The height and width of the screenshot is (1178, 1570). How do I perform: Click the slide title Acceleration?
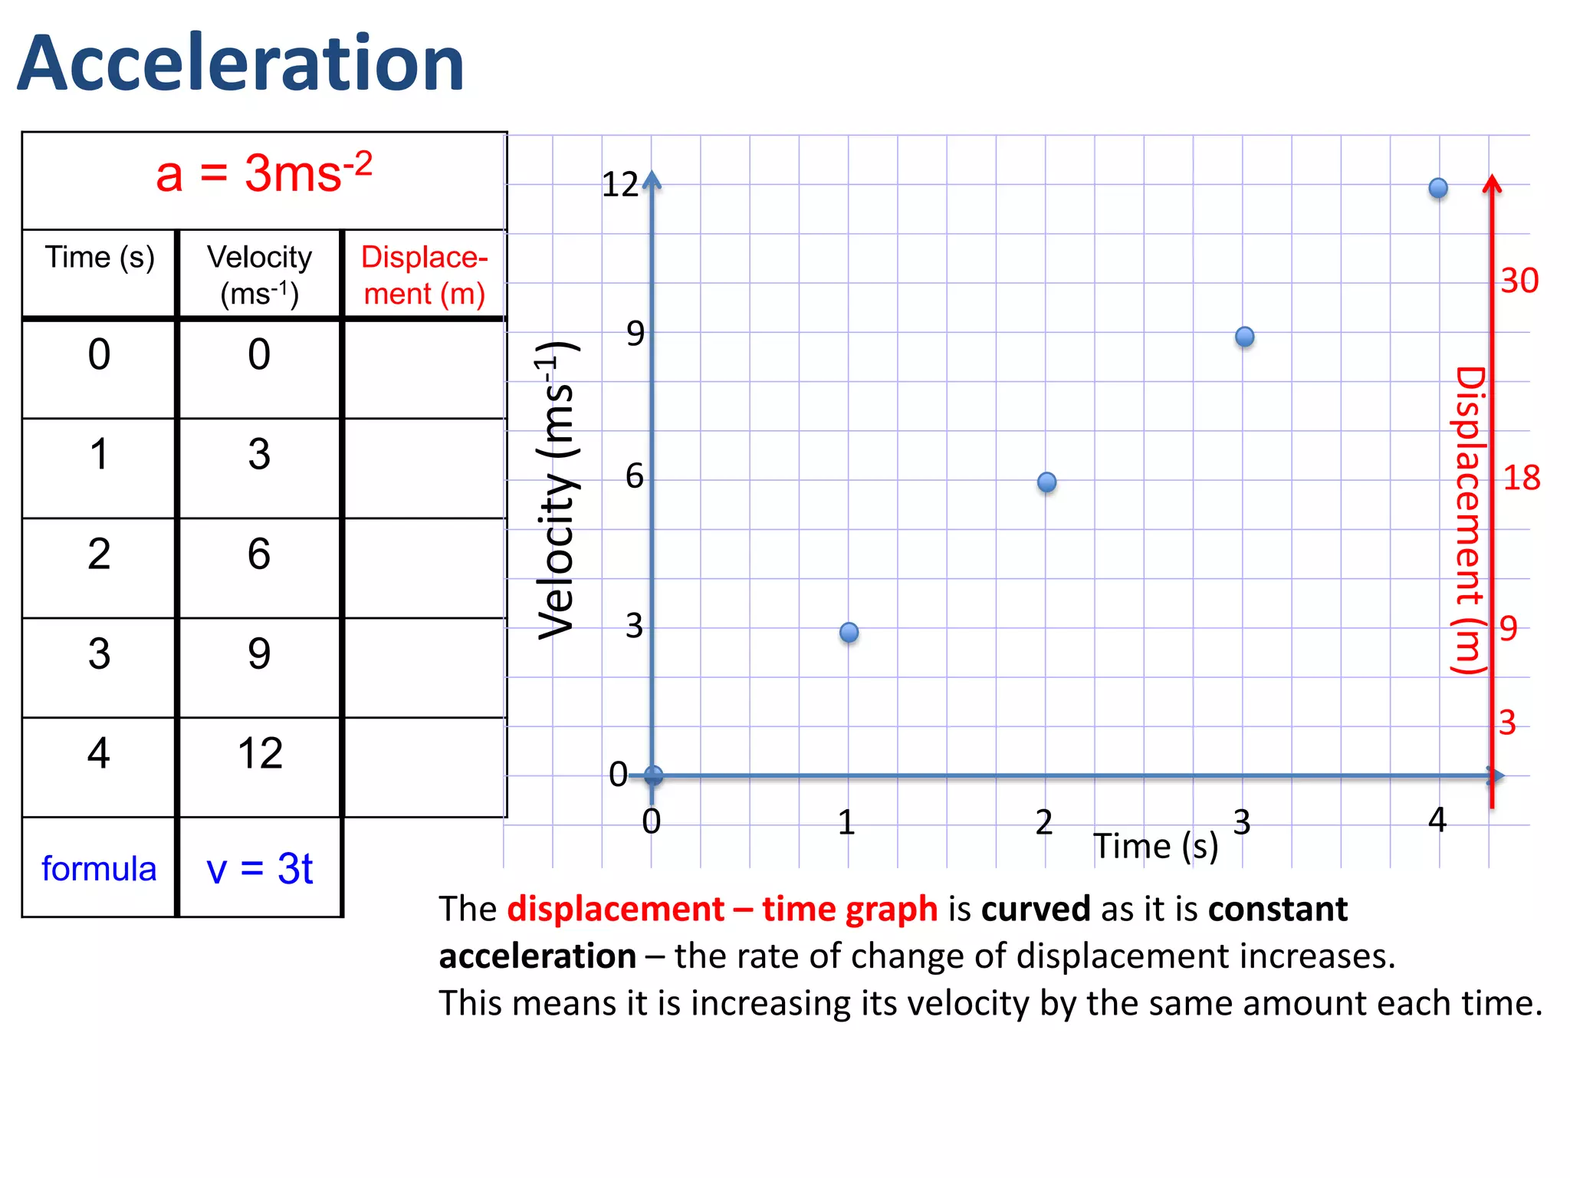[x=241, y=64]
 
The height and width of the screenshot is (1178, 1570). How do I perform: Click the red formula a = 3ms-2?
[x=264, y=174]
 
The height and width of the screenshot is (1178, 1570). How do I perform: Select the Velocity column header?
[x=259, y=275]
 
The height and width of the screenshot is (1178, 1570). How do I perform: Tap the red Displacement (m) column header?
[x=424, y=275]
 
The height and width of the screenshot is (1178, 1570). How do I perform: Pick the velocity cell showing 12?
[x=260, y=753]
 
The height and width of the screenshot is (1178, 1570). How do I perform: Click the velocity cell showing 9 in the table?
[x=259, y=653]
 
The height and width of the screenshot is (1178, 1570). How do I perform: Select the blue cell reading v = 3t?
[x=259, y=869]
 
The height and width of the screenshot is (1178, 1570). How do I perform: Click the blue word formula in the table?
[x=99, y=869]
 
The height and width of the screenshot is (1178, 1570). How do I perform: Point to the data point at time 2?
[x=1046, y=482]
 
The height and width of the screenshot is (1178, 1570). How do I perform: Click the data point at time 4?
[x=1438, y=188]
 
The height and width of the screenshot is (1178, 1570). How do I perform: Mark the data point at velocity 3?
[x=849, y=632]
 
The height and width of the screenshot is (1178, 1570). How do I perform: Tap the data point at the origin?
[x=653, y=775]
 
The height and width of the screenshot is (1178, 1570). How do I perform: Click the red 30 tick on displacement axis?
[x=1519, y=281]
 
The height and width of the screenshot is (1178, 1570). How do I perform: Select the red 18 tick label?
[x=1521, y=479]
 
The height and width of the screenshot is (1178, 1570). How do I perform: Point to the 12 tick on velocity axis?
[x=619, y=185]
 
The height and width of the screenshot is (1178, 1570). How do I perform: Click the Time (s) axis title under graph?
[x=1155, y=847]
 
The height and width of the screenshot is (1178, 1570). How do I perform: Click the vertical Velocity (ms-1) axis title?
[x=556, y=491]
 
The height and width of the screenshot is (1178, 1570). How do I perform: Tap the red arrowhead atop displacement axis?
[x=1492, y=184]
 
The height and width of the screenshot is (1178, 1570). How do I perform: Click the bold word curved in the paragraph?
[x=1035, y=910]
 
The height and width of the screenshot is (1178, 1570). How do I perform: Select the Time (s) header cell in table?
[x=100, y=258]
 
